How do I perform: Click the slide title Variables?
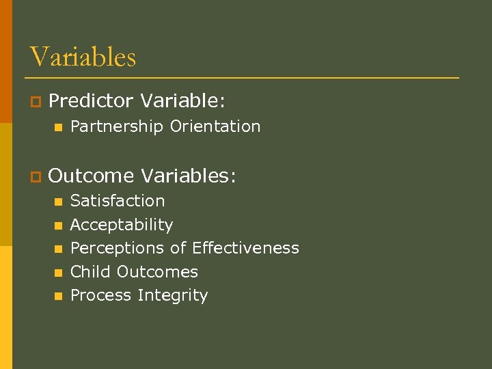[x=83, y=56]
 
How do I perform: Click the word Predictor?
[x=91, y=101]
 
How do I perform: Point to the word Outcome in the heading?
[x=91, y=176]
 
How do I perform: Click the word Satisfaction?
[x=118, y=201]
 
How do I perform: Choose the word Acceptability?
[x=122, y=225]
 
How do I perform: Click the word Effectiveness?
[x=245, y=248]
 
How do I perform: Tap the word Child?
[x=91, y=272]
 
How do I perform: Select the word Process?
[x=101, y=295]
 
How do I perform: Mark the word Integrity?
[x=172, y=295]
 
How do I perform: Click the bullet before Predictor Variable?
[x=35, y=102]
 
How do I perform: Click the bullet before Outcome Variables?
[x=35, y=177]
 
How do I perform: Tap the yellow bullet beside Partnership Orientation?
[x=59, y=127]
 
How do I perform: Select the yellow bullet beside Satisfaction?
[x=59, y=202]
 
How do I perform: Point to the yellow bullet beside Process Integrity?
[x=59, y=296]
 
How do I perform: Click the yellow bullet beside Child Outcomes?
[x=59, y=273]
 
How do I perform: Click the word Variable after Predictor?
[x=182, y=101]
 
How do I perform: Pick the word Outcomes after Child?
[x=157, y=272]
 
